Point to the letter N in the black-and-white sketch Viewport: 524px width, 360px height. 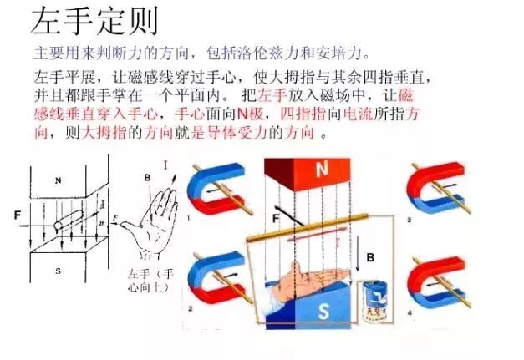click(58, 180)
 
